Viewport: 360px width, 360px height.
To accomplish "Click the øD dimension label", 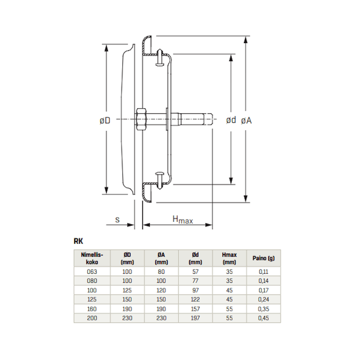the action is click(105, 121).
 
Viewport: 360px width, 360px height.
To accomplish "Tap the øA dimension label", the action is click(247, 121).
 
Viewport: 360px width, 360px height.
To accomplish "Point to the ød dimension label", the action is click(231, 119).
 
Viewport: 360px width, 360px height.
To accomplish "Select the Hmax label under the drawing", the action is click(183, 219).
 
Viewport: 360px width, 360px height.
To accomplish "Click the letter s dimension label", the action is click(117, 220).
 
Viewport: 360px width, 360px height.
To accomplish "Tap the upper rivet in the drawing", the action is click(159, 58).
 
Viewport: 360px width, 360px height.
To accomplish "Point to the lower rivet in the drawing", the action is click(159, 180).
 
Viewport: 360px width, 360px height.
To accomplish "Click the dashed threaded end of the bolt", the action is click(207, 119).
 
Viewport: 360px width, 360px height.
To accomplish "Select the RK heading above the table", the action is click(78, 242).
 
